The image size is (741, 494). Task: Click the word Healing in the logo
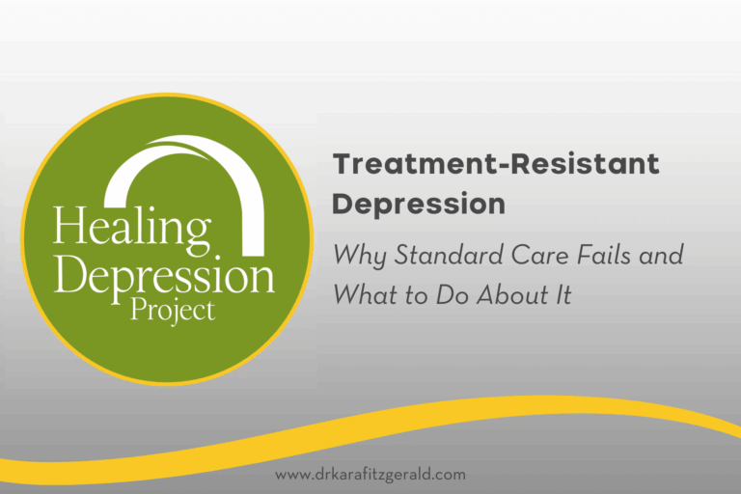[131, 230]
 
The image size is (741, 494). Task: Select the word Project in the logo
[174, 311]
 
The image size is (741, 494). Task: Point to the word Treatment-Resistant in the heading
[496, 164]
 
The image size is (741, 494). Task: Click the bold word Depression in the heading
[419, 205]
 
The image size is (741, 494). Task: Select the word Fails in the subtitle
[590, 257]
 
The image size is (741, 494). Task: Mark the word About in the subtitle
[506, 294]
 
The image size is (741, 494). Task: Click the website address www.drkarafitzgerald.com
[370, 475]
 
